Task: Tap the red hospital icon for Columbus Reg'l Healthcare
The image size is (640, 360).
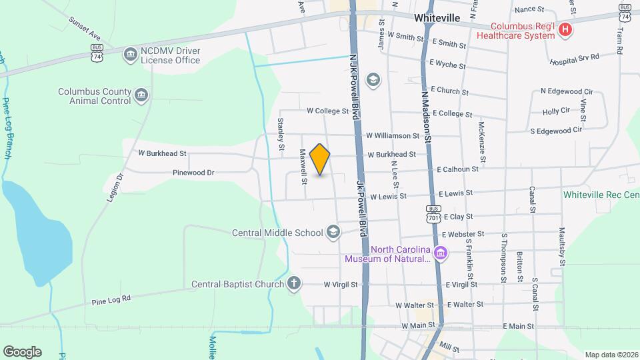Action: point(565,29)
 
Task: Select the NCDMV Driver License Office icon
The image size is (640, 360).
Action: point(130,53)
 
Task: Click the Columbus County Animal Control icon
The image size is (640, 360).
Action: point(141,96)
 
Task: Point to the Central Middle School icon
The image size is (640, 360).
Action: point(333,232)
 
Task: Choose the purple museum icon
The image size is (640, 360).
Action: point(440,253)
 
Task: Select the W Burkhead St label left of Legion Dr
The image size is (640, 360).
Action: point(162,153)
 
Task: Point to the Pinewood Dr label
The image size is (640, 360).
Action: point(193,173)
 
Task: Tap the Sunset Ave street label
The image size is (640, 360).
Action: point(84,27)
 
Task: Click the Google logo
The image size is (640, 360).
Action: point(22,351)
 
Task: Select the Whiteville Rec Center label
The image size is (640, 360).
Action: point(601,195)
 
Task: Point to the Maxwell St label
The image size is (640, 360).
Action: point(303,167)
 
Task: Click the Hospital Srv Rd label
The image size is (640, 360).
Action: point(574,59)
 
